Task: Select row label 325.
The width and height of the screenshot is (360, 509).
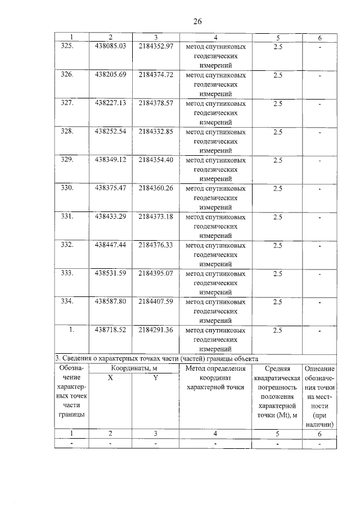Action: click(x=67, y=46)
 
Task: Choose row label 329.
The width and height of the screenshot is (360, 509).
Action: click(x=67, y=160)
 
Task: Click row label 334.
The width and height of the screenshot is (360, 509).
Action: click(x=67, y=302)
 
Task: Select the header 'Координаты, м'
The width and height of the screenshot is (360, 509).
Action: click(x=133, y=368)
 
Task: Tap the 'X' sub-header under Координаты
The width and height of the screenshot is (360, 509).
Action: click(x=110, y=378)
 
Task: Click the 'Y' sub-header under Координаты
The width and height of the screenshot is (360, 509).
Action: click(x=155, y=378)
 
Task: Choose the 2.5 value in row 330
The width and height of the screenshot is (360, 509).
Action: click(x=277, y=188)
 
